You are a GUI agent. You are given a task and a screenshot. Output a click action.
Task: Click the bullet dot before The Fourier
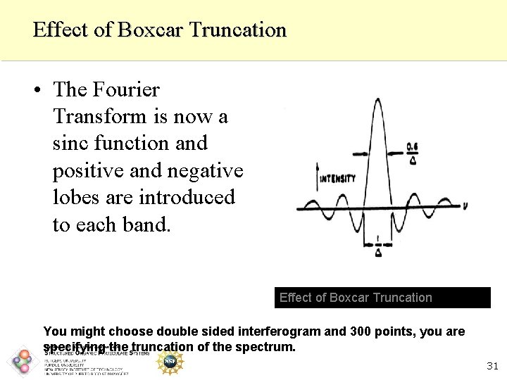click(35, 90)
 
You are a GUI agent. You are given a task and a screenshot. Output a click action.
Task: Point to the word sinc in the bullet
click(74, 144)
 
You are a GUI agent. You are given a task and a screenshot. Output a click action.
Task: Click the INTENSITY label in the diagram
click(337, 179)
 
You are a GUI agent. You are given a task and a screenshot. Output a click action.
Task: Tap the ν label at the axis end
click(465, 206)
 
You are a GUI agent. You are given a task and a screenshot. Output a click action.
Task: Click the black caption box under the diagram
click(383, 298)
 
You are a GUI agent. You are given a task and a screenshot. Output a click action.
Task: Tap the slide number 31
click(492, 366)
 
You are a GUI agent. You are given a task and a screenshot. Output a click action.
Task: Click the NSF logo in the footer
click(169, 361)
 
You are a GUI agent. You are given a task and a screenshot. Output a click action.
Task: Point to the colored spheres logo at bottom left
click(23, 362)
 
